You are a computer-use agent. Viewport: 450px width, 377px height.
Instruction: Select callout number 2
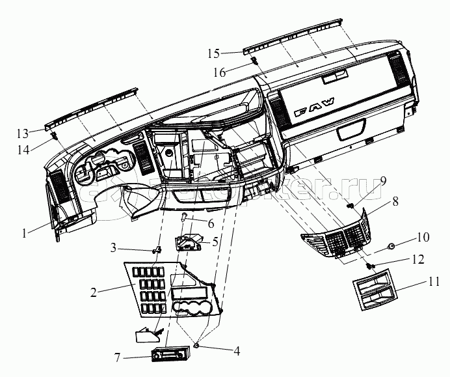click(x=94, y=292)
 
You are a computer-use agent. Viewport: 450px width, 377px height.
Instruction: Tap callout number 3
click(x=113, y=248)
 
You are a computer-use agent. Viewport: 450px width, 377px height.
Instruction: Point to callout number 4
click(x=237, y=351)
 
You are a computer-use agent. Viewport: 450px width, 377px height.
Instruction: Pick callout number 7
click(x=118, y=357)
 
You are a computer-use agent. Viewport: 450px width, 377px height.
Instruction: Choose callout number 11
click(x=434, y=283)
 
